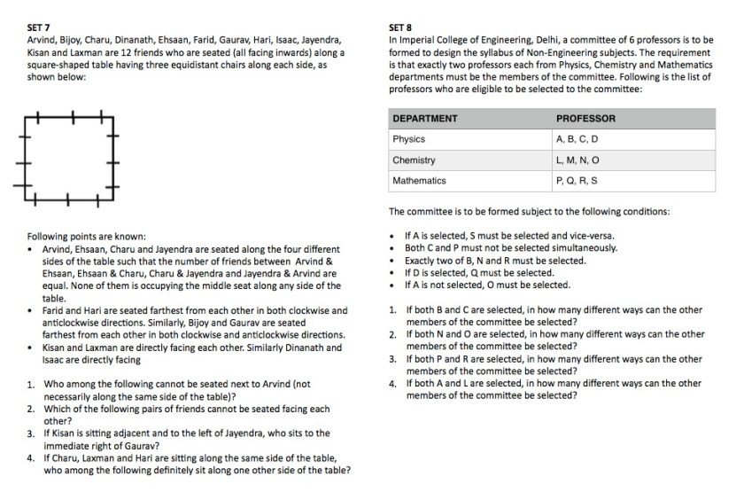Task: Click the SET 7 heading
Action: click(41, 27)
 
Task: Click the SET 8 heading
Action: click(402, 27)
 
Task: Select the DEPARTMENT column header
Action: click(424, 119)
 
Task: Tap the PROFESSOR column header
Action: click(585, 119)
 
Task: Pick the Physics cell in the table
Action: click(408, 139)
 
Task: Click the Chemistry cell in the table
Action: click(414, 160)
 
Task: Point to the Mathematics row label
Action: click(419, 181)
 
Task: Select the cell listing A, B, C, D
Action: click(577, 139)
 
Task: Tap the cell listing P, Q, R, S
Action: click(577, 181)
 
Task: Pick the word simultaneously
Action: click(580, 248)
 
